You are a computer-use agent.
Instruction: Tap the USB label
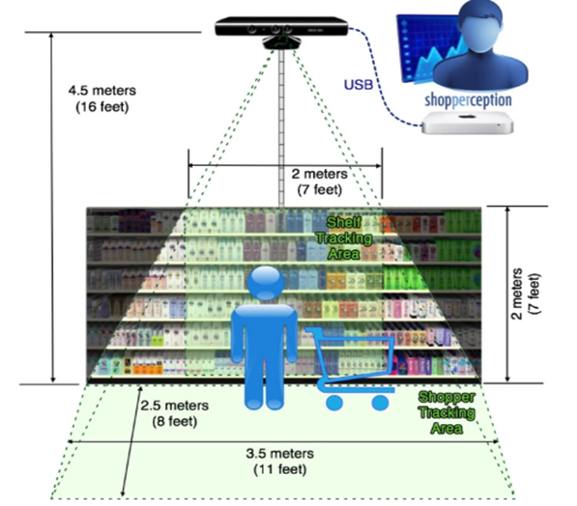coord(359,85)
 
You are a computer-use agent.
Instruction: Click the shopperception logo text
coord(468,100)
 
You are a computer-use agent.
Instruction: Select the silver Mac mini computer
coord(468,123)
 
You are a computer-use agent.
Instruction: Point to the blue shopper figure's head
coord(266,283)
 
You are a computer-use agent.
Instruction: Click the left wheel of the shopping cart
coord(334,403)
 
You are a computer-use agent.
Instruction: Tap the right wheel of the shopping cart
coord(380,403)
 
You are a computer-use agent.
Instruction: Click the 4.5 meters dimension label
coord(102,91)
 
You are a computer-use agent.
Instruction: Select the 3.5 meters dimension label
coord(280,454)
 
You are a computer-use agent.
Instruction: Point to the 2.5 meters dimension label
coord(174,406)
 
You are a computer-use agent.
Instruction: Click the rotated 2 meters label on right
coord(517,294)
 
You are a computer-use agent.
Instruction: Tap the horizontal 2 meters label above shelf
coord(319,174)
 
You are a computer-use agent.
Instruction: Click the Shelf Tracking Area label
coord(344,238)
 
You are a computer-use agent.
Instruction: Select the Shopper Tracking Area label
coord(447,412)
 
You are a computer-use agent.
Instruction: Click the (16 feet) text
coord(102,107)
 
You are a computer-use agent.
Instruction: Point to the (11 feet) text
coord(280,469)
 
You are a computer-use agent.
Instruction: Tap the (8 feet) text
coord(175,421)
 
